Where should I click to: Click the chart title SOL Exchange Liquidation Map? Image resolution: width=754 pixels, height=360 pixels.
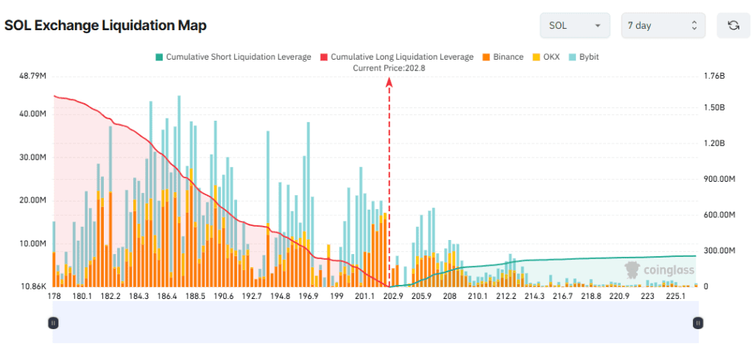point(105,25)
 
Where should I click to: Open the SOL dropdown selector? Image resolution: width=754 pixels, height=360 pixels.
point(575,26)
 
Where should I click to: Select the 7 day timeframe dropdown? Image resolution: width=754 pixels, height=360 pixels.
point(663,26)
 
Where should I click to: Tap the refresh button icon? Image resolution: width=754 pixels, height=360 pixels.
point(733,26)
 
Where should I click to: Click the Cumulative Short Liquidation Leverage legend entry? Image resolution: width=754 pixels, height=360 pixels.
point(232,57)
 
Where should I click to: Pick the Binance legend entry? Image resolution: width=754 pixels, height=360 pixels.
point(503,57)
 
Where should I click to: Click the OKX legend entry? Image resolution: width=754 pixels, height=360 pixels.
point(546,57)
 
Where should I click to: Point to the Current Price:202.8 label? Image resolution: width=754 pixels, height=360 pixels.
point(389,68)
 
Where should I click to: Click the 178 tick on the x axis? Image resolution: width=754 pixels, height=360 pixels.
point(53,296)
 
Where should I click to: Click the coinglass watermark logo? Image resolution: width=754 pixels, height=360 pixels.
point(659,270)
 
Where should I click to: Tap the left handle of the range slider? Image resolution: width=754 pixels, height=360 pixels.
point(53,322)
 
